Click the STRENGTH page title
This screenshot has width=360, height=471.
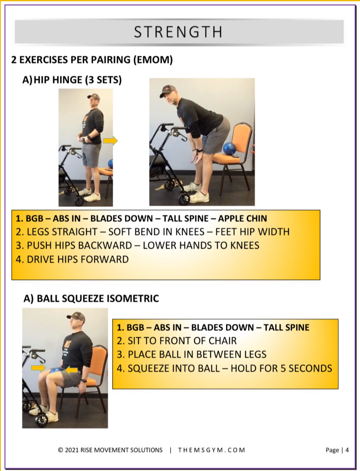point(178,32)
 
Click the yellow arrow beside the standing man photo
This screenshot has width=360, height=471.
point(110,140)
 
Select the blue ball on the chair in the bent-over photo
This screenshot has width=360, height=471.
point(230,149)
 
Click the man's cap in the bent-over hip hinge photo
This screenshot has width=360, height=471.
point(168,90)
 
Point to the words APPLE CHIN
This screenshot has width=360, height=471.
point(243,219)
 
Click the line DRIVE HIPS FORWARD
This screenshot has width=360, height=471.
point(72,259)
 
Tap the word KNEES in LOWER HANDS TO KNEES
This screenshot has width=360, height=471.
point(245,245)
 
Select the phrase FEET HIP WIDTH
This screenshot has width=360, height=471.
point(252,232)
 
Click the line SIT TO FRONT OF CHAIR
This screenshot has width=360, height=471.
point(177,341)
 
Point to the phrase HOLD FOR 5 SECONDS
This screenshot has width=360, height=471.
point(281,368)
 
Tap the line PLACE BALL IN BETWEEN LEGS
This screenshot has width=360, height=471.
point(191,354)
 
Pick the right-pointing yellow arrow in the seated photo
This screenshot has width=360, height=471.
point(38,368)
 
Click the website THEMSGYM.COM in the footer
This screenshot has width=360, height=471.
point(211,450)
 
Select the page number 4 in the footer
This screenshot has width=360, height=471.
point(347,450)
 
